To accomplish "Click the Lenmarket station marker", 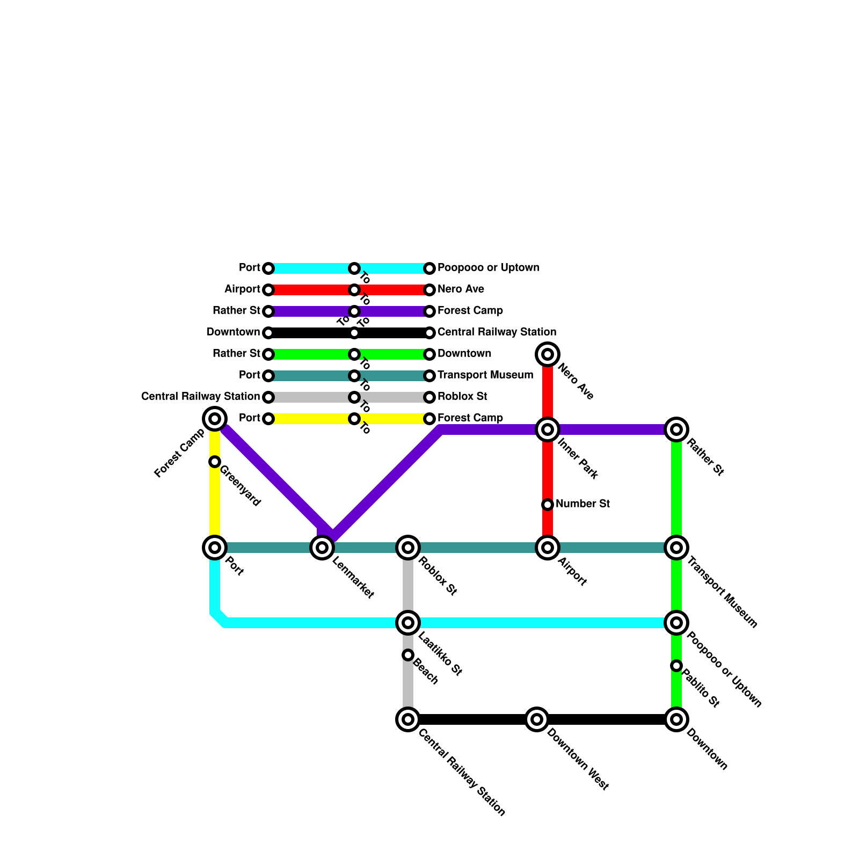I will coord(322,548).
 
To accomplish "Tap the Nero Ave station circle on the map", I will coord(548,354).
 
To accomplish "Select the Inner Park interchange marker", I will coord(548,429).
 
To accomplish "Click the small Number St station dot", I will coord(548,505).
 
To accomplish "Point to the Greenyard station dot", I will coord(215,462).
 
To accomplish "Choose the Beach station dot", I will coord(408,655).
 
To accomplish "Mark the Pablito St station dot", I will coord(676,666).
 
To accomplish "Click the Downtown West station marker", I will coord(537,719).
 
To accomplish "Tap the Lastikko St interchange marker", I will coord(408,623).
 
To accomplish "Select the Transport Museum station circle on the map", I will coord(676,548).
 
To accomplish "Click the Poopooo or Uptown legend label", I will coord(488,268).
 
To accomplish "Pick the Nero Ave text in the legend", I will coord(461,289).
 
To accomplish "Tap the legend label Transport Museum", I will coord(485,375).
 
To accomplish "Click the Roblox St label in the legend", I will coord(462,397).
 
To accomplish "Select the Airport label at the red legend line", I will coord(242,289).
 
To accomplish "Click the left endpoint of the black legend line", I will coord(268,333).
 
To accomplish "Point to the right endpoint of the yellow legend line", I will coord(429,419).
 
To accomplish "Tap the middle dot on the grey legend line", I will coord(354,397).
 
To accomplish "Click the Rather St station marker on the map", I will coord(676,429).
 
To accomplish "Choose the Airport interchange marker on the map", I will coord(548,548).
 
